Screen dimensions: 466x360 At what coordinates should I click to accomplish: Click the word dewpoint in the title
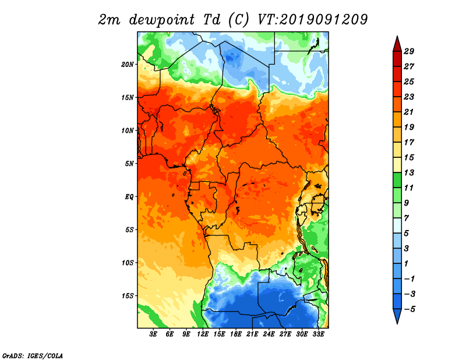[x=161, y=20]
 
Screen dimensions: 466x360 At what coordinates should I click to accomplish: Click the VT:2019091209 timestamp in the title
[x=313, y=20]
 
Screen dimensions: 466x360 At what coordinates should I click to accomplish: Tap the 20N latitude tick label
[x=128, y=64]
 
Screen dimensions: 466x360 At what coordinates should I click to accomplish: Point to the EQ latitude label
[x=129, y=196]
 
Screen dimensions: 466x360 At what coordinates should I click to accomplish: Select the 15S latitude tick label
[x=128, y=296]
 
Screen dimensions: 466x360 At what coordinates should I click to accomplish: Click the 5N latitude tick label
[x=129, y=164]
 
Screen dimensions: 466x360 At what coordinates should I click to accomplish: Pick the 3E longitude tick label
[x=153, y=334]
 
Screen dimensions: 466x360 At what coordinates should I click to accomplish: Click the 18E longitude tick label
[x=236, y=334]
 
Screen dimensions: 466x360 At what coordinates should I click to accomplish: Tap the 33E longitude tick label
[x=318, y=334]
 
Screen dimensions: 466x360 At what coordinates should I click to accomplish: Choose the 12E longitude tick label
[x=203, y=334]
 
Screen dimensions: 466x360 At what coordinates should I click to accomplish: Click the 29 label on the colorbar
[x=409, y=51]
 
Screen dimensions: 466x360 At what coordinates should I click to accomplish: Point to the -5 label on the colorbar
[x=409, y=309]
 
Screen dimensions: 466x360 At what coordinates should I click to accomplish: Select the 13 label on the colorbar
[x=409, y=172]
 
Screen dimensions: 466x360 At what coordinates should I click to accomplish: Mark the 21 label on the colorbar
[x=409, y=112]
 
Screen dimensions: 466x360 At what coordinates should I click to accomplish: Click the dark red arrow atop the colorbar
[x=397, y=44]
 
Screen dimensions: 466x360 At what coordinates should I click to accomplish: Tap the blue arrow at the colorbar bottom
[x=397, y=316]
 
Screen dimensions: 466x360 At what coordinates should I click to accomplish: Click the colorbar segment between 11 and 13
[x=397, y=180]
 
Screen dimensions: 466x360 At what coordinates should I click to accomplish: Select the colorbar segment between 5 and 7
[x=397, y=225]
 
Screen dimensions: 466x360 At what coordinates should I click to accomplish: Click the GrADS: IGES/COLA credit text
[x=33, y=355]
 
